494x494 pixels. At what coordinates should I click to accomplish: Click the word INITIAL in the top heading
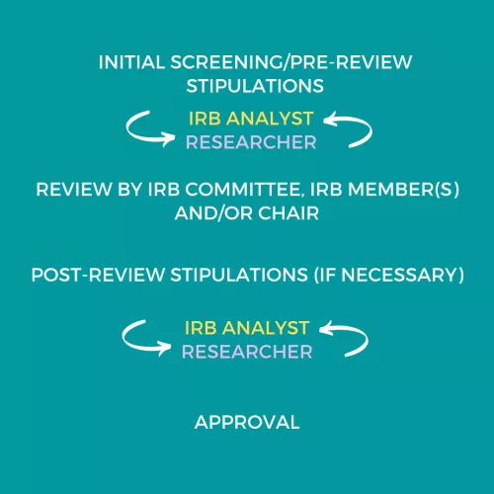(x=131, y=62)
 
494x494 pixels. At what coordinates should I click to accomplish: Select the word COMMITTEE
(x=243, y=190)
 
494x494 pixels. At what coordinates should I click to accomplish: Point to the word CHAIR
(x=288, y=213)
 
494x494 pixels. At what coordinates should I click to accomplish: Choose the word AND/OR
(x=213, y=213)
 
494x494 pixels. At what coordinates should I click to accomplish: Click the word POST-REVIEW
(x=98, y=275)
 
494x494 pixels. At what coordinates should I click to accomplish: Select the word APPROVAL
(x=247, y=422)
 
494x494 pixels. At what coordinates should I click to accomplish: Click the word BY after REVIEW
(x=129, y=190)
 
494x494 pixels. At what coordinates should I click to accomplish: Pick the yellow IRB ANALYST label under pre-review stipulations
(x=251, y=119)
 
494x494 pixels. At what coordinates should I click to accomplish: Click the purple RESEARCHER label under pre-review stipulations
(x=251, y=142)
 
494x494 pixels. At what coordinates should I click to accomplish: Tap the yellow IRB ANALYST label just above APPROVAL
(x=247, y=328)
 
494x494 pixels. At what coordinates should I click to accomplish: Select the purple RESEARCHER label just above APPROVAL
(x=247, y=352)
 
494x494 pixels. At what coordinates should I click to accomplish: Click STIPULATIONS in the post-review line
(x=239, y=275)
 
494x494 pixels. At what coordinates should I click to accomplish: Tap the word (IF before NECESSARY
(x=325, y=275)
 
